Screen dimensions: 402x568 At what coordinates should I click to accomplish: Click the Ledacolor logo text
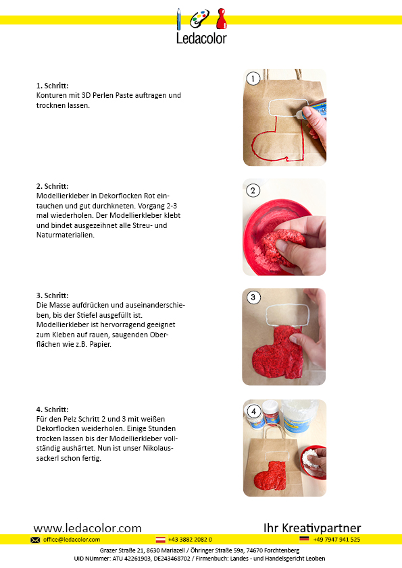point(201,38)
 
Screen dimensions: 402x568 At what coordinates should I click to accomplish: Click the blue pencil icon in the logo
point(178,19)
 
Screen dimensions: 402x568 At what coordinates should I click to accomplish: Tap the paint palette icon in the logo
point(199,18)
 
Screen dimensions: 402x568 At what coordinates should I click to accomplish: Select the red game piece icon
point(222,19)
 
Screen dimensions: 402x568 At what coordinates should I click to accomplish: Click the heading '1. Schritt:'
point(52,86)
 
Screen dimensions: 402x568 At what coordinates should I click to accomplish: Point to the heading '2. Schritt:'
point(52,186)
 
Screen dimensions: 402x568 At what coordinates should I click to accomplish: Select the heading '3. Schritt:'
point(52,295)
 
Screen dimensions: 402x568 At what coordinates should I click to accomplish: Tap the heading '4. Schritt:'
point(52,409)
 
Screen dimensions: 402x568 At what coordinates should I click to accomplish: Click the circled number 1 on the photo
point(253,79)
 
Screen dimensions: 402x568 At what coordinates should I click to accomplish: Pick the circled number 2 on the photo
point(253,190)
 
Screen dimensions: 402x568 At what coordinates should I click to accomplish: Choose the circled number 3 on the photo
point(253,297)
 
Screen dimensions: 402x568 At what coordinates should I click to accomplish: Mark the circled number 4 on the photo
point(253,411)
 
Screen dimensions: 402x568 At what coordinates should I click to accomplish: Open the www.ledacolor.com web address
point(87,528)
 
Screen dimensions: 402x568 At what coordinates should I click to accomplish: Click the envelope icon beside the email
point(35,540)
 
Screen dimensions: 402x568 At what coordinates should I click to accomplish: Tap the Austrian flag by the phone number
point(160,540)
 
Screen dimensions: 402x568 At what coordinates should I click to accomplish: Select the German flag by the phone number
point(304,539)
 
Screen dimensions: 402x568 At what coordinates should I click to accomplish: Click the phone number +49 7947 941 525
point(336,540)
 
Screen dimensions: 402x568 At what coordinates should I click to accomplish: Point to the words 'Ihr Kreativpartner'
point(312,528)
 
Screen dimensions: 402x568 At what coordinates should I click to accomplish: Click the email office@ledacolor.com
point(72,540)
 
